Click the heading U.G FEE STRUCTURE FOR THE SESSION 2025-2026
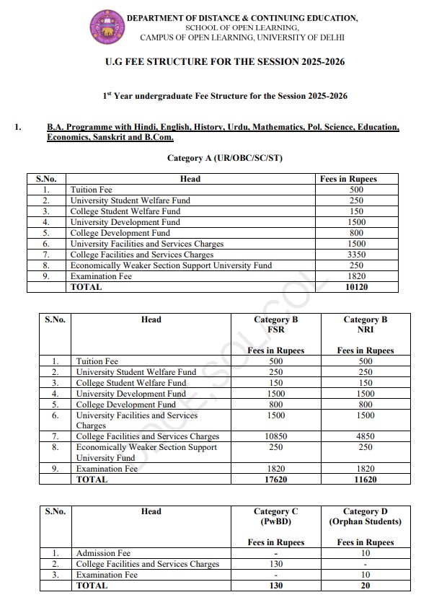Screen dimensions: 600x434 [x=224, y=62]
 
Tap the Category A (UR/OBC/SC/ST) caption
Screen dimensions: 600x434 [x=224, y=158]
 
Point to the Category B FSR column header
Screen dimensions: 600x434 [x=276, y=325]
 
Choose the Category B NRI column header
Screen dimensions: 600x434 [x=366, y=325]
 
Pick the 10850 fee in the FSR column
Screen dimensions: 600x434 [x=276, y=437]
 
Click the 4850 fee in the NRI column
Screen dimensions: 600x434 [x=366, y=437]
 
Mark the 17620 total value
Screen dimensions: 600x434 [x=276, y=480]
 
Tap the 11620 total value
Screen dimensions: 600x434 [x=366, y=480]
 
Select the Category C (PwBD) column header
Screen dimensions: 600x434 [x=276, y=516]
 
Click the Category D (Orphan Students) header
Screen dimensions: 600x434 [x=366, y=516]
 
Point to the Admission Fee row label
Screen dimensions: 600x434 [x=103, y=554]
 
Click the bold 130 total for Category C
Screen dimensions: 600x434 [x=276, y=586]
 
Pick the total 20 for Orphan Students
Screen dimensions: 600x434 [x=366, y=586]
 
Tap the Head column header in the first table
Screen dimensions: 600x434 [x=190, y=179]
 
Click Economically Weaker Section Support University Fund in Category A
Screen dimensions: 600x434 [x=171, y=265]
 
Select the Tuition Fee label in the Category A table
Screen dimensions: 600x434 [x=92, y=190]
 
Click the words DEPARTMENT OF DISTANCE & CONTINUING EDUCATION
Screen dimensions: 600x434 [x=242, y=17]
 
